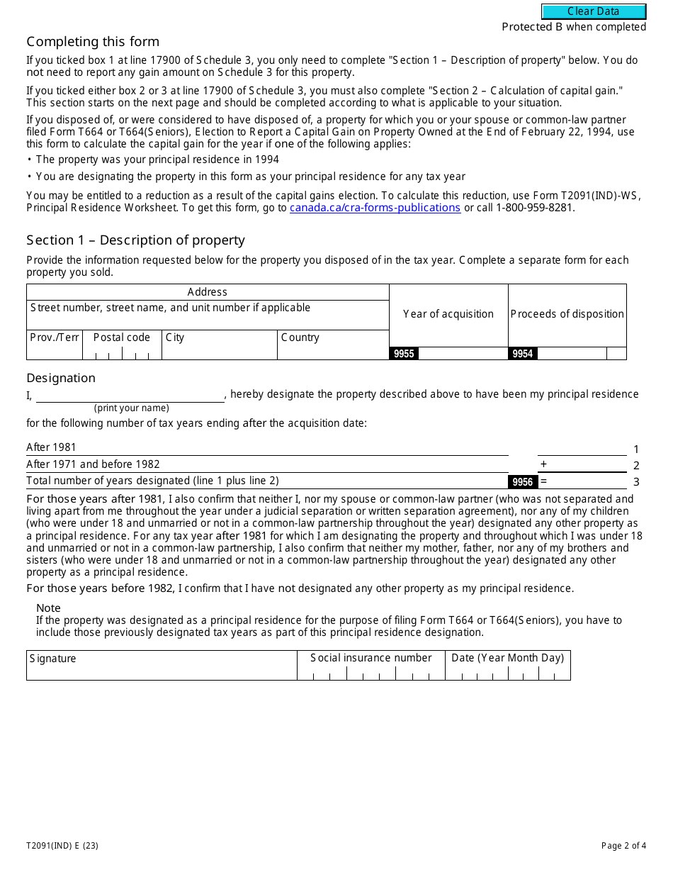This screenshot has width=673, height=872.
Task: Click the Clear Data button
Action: pos(594,11)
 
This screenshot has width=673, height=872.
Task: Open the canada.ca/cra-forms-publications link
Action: pos(375,208)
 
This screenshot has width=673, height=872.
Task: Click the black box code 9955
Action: pos(404,354)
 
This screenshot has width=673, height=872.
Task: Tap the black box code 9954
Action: pos(523,354)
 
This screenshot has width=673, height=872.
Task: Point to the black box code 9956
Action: pos(523,482)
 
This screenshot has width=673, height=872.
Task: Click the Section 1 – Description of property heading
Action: pos(135,240)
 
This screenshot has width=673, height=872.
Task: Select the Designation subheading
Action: pos(61,378)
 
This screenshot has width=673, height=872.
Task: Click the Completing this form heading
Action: pos(93,42)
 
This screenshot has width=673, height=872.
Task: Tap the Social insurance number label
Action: pos(371,658)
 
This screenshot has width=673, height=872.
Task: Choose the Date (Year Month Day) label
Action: pos(507,658)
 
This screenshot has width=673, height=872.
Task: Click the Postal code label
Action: pos(122,337)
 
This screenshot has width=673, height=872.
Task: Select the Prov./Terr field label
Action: pos(55,337)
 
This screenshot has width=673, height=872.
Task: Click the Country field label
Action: pos(300,337)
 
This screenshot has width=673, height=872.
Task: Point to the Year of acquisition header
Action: pos(448,314)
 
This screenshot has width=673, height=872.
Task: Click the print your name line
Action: pos(130,396)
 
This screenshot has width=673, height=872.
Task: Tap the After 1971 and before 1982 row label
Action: pos(93,464)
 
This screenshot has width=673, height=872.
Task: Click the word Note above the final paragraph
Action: pos(48,608)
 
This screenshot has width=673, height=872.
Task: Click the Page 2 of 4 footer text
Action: pos(623,845)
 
